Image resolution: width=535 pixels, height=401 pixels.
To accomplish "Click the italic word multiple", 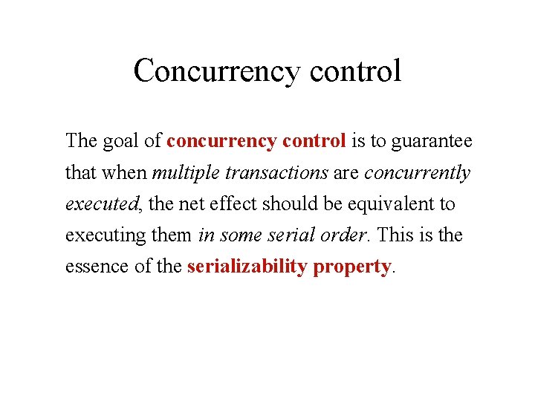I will point(185,172).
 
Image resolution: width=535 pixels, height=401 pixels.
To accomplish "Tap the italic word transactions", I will point(276,172).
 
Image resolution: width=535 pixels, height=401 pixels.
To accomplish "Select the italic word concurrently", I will point(417,172).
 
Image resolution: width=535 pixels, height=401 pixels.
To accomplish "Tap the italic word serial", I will point(304,235).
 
